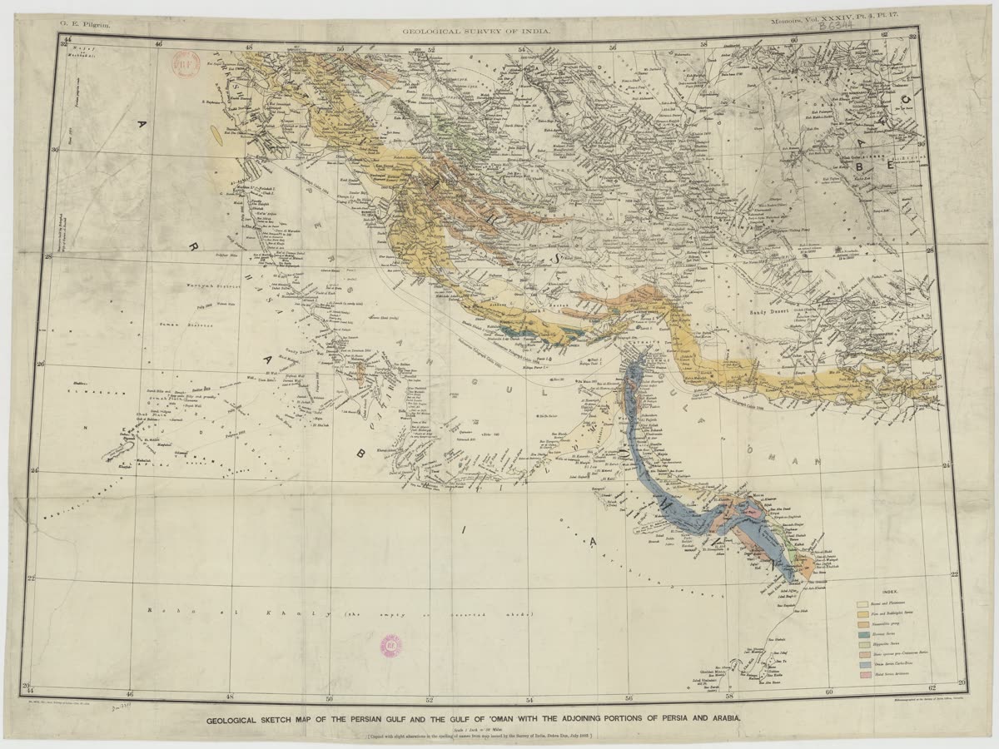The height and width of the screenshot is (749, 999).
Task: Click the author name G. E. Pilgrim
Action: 82,27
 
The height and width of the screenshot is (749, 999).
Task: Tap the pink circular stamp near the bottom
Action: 390,643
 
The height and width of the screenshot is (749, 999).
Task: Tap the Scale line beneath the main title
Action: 476,730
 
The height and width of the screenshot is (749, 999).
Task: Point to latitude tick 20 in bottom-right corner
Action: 962,682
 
